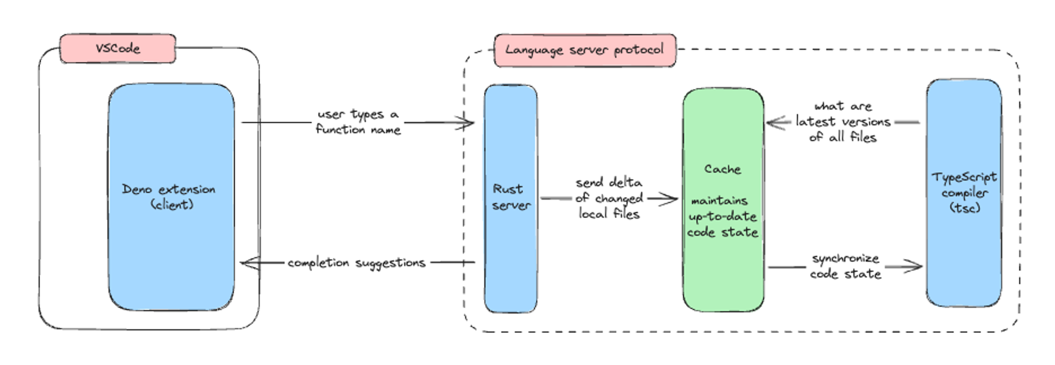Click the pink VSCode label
pyautogui.click(x=118, y=48)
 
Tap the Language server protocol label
pyautogui.click(x=584, y=50)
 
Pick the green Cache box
pyautogui.click(x=723, y=274)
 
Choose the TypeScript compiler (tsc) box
pyautogui.click(x=964, y=253)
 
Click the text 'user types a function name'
pyautogui.click(x=358, y=122)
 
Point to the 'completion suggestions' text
pyautogui.click(x=357, y=262)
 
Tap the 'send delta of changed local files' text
pyautogui.click(x=609, y=198)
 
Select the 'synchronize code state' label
pyautogui.click(x=846, y=266)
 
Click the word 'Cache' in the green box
pyautogui.click(x=723, y=169)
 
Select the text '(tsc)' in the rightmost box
pyautogui.click(x=965, y=208)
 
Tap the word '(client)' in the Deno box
pyautogui.click(x=172, y=204)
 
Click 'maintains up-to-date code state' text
pyautogui.click(x=722, y=216)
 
